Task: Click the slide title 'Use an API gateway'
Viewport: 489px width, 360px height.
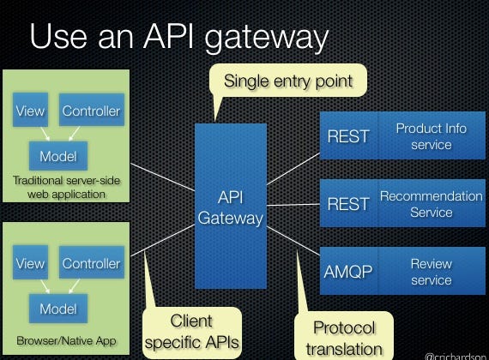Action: pyautogui.click(x=178, y=39)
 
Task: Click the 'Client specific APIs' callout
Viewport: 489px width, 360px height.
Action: pyautogui.click(x=190, y=331)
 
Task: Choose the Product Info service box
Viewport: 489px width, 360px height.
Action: pyautogui.click(x=431, y=136)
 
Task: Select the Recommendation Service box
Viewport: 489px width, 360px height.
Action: pyautogui.click(x=431, y=204)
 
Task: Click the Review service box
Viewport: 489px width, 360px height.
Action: pyautogui.click(x=431, y=272)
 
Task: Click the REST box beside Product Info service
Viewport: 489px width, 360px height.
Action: pyautogui.click(x=347, y=136)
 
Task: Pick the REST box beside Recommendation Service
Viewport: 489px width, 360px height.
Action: pyautogui.click(x=347, y=204)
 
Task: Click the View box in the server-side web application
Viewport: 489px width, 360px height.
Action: pyautogui.click(x=30, y=111)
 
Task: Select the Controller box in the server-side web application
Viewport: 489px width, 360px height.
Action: pyautogui.click(x=91, y=111)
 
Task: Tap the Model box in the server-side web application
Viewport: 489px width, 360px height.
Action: pyautogui.click(x=57, y=156)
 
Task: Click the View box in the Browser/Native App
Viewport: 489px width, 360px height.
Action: pyautogui.click(x=30, y=263)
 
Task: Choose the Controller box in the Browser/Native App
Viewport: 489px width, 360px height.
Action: pyautogui.click(x=91, y=263)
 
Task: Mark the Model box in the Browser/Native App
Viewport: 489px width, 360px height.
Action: pyautogui.click(x=57, y=308)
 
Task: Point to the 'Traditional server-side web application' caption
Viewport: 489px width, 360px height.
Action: pyautogui.click(x=66, y=187)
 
